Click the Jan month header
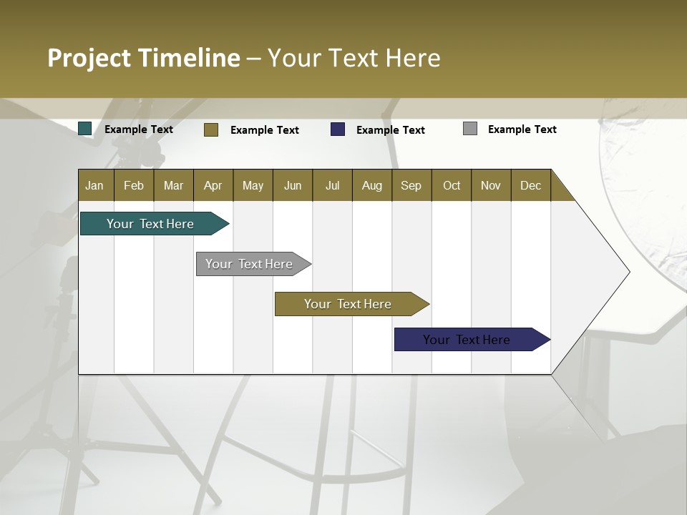[x=94, y=185]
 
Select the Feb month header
[x=134, y=185]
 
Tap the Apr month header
[x=213, y=185]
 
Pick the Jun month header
[x=293, y=185]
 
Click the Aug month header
[x=372, y=185]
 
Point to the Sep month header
[x=411, y=185]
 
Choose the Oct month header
[x=452, y=185]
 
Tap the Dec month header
[x=531, y=185]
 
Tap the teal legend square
[x=85, y=129]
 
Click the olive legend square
[x=211, y=129]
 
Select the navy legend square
[x=338, y=129]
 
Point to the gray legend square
[x=470, y=129]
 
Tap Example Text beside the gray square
[x=522, y=129]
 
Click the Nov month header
[x=491, y=185]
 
